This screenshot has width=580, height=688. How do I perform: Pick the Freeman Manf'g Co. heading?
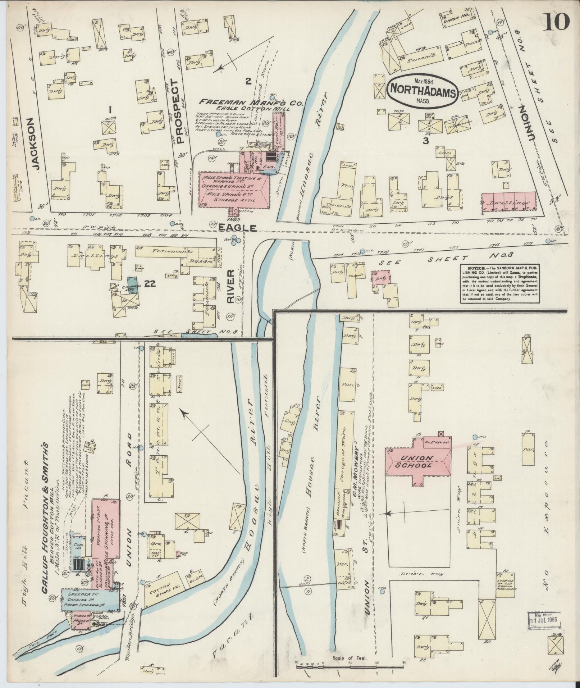(x=252, y=103)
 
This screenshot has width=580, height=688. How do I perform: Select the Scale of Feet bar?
(x=351, y=637)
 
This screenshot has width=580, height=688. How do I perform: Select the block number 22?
(x=150, y=284)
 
